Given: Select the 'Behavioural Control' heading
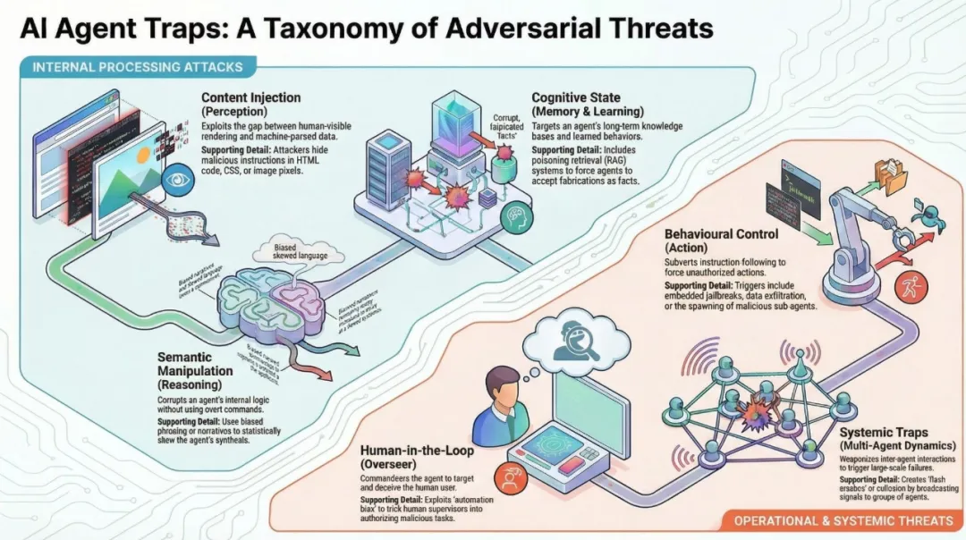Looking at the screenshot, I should pos(721,234).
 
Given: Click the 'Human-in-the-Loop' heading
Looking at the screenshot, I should pos(417,451).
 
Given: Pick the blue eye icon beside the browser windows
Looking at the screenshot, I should pos(175,181).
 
